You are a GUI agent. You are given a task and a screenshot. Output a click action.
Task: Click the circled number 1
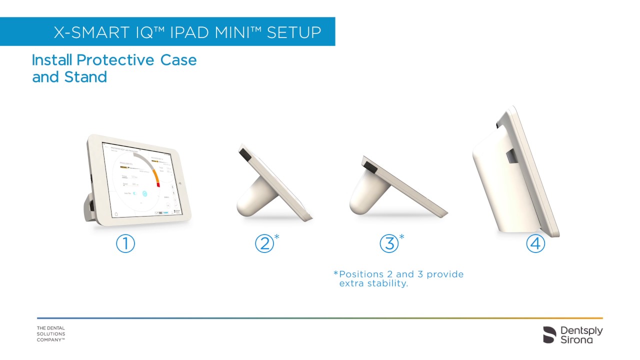pyautogui.click(x=125, y=243)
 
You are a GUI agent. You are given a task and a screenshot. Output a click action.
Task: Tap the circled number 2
pyautogui.click(x=264, y=243)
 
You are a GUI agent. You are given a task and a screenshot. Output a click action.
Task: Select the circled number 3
pyautogui.click(x=389, y=243)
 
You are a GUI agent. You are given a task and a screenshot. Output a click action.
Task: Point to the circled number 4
pyautogui.click(x=535, y=243)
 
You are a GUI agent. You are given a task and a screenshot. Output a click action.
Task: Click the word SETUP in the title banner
pyautogui.click(x=294, y=32)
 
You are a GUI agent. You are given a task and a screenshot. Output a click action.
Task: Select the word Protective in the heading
pyautogui.click(x=116, y=60)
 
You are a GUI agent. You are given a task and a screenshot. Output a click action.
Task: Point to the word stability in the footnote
pyautogui.click(x=387, y=283)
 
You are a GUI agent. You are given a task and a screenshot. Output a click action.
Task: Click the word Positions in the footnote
pyautogui.click(x=363, y=274)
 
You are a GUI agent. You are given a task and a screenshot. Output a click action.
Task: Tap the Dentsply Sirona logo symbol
pyautogui.click(x=549, y=334)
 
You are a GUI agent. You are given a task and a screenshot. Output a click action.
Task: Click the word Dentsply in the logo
pyautogui.click(x=581, y=330)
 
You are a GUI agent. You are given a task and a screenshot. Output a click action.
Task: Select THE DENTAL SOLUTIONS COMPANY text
pyautogui.click(x=51, y=334)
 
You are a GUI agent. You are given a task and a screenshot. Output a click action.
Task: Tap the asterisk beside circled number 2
pyautogui.click(x=276, y=236)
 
